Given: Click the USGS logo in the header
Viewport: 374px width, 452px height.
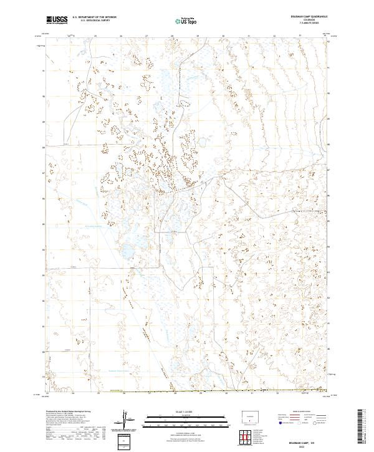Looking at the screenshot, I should (x=57, y=21).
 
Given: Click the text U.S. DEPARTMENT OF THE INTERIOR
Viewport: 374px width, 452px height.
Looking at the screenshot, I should (x=94, y=18).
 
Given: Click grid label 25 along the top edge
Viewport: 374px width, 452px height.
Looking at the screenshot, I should (x=95, y=36).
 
